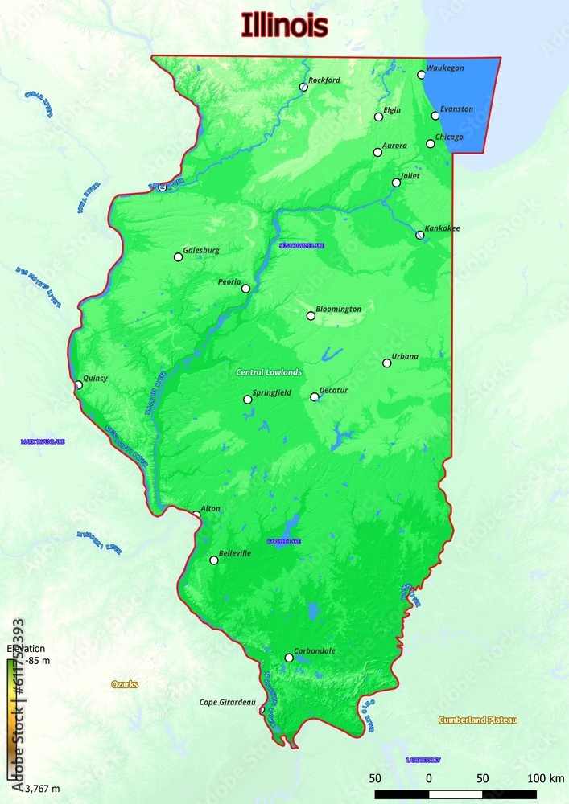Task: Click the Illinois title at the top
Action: [284, 26]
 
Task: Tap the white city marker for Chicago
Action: [431, 144]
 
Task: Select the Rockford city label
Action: [324, 80]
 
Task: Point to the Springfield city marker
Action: [248, 400]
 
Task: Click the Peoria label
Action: [229, 281]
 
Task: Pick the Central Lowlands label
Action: [269, 372]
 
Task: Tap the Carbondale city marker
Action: [289, 658]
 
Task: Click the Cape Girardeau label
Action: [228, 702]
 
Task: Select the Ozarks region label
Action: [125, 684]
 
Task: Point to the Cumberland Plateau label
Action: [478, 720]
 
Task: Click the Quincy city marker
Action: [78, 385]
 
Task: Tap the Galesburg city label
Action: [201, 250]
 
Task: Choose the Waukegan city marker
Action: [421, 75]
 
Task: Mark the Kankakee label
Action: [443, 228]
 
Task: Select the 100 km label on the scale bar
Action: [546, 777]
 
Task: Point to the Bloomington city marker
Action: [311, 316]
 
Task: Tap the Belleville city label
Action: [235, 553]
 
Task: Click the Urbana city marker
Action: [387, 363]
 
